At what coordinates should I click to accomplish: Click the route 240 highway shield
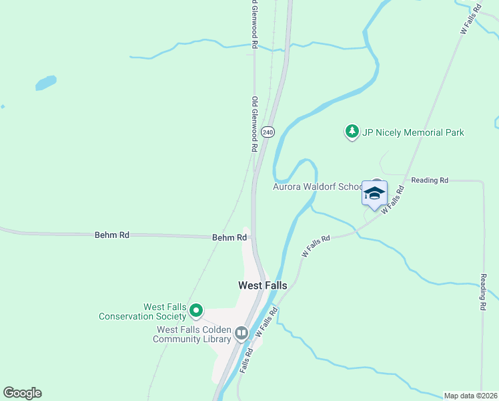pos(268,132)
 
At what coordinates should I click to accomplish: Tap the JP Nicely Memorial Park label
pos(413,132)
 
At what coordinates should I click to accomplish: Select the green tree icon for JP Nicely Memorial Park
pos(352,132)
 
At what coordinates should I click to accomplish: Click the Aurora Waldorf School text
pos(317,186)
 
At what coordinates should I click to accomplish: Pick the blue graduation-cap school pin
pos(374,193)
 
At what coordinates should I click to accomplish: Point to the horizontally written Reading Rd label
pos(430,180)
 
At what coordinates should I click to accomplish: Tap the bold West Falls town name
pos(263,285)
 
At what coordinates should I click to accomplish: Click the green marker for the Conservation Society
pos(196,310)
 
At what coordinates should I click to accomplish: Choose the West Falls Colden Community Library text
pos(193,334)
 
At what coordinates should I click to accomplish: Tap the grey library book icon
pos(241,332)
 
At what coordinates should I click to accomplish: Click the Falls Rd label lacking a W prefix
pos(245,360)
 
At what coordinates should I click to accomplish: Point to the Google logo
pos(22,393)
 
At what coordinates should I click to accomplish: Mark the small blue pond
pos(45,83)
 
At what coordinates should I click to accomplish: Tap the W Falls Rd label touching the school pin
pos(392,200)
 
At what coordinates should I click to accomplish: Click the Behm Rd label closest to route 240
pos(225,237)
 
